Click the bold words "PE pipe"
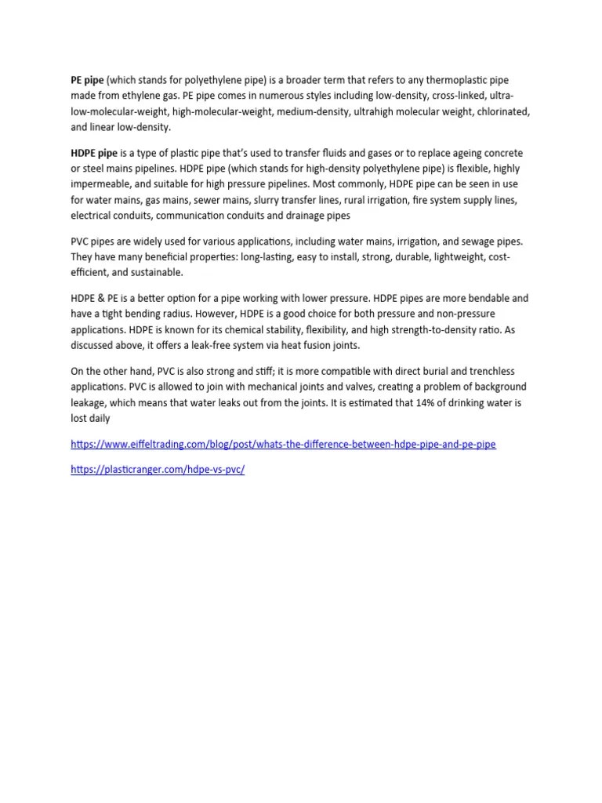point(87,81)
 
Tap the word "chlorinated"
point(502,112)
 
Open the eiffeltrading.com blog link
point(283,444)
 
